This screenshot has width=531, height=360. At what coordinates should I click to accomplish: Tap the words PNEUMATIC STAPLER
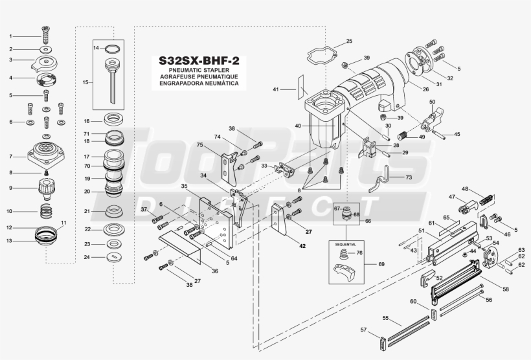[x=199, y=70]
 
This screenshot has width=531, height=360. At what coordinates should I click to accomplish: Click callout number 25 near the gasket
[x=349, y=41]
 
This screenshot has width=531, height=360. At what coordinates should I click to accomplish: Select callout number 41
[x=275, y=89]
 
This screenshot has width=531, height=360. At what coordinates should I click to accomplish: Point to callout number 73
[x=409, y=177]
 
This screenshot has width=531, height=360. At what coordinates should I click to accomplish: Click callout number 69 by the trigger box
[x=381, y=264]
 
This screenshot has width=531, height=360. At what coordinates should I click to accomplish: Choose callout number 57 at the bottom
[x=363, y=330]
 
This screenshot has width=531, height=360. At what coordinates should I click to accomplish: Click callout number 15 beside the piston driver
[x=85, y=82]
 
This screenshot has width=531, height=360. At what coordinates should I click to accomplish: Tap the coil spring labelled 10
[x=43, y=211]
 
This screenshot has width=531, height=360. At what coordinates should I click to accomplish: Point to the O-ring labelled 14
[x=113, y=49]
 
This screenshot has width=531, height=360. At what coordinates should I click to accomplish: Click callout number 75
[x=200, y=145]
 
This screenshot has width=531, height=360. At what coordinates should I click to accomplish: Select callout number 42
[x=302, y=246]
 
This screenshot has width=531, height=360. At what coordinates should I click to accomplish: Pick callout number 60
[x=414, y=302]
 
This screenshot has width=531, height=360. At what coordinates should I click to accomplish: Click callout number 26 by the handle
[x=425, y=89]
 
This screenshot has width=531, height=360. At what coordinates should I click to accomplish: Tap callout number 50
[x=432, y=102]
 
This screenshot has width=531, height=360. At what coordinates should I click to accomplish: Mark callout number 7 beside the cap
[x=11, y=156]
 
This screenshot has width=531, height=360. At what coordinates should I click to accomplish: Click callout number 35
[x=185, y=187]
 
